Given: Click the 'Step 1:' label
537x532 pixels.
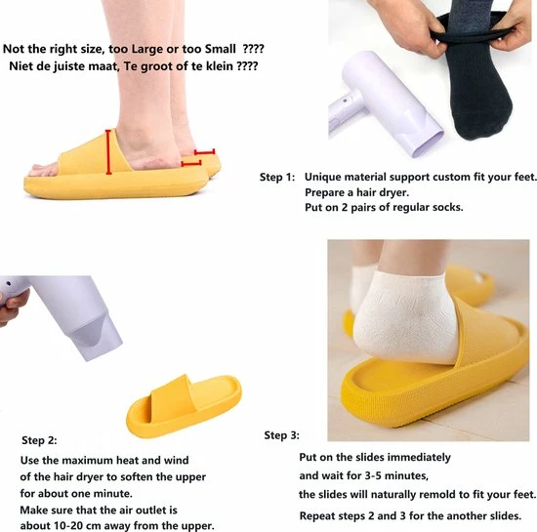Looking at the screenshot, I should click(x=277, y=177).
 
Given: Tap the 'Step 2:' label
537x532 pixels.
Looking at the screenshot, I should click(x=39, y=440).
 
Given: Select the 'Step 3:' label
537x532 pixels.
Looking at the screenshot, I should click(x=282, y=434).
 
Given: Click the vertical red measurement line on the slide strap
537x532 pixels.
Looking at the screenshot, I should click(x=106, y=151).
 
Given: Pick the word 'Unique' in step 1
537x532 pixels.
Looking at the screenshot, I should click(x=324, y=177).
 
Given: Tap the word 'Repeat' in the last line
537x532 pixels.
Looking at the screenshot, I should click(x=318, y=515).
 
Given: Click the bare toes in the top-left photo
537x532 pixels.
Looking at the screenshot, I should click(x=43, y=169).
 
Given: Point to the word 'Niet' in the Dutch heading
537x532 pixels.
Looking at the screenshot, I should click(x=18, y=67).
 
